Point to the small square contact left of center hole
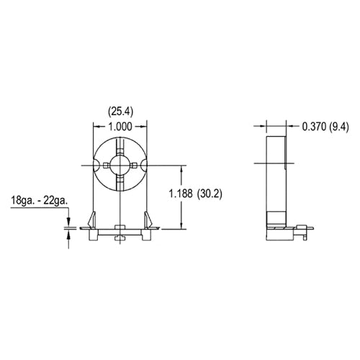[104, 166]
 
